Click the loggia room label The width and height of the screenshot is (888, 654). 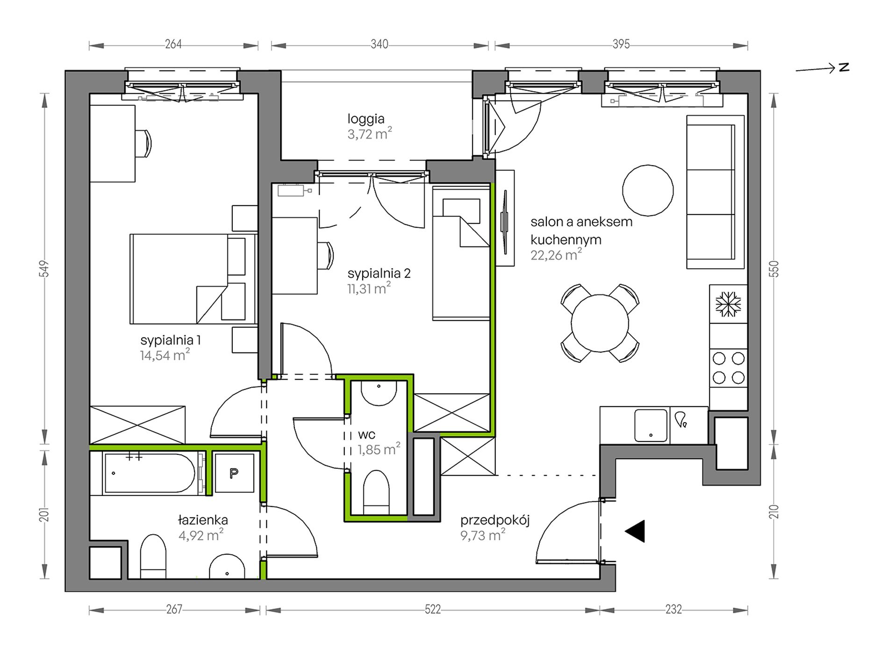click(x=366, y=119)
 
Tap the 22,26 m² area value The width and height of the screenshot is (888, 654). click(x=556, y=255)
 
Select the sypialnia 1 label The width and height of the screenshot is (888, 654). click(x=171, y=340)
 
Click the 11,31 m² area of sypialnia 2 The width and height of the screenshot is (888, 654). click(x=369, y=288)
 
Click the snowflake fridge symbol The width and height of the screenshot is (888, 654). click(x=728, y=304)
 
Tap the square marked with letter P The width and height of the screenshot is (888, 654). click(x=234, y=473)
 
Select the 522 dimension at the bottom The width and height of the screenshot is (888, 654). click(x=433, y=610)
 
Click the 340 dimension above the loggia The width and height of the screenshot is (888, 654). click(x=379, y=44)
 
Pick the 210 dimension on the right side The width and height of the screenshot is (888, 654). click(x=773, y=512)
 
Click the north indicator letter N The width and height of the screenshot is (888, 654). click(x=844, y=67)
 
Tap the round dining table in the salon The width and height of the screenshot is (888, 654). click(x=600, y=323)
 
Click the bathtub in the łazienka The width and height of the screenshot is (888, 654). click(x=150, y=473)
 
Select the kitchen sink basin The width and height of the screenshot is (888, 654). click(x=651, y=425)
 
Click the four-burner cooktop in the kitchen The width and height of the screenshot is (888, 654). click(x=728, y=368)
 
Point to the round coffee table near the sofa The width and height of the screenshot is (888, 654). click(x=648, y=190)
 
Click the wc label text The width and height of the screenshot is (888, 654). click(x=367, y=435)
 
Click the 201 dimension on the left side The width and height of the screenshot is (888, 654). click(x=44, y=515)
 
